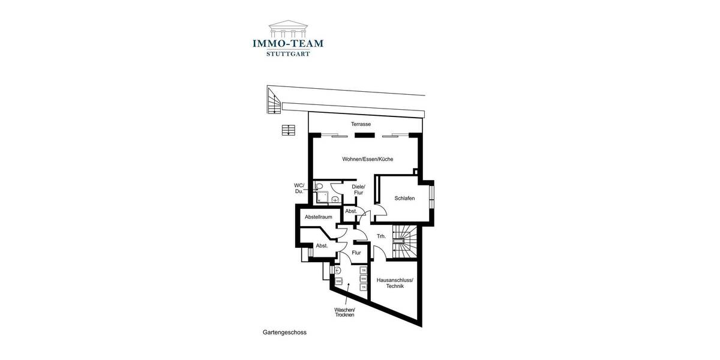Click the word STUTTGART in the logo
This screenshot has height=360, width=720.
(288, 53)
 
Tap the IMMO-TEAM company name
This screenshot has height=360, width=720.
(288, 43)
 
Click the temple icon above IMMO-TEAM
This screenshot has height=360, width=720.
(288, 28)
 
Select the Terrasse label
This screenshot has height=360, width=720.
(361, 124)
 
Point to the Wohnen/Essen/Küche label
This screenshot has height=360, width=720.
(359, 159)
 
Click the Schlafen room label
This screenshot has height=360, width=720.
(405, 198)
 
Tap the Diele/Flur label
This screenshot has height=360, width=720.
(358, 190)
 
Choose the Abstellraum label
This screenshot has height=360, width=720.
(318, 217)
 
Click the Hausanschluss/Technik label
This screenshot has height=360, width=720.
(395, 283)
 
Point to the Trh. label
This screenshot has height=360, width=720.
(381, 236)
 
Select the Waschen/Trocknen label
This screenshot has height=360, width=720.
(344, 312)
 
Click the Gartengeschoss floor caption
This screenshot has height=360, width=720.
(284, 332)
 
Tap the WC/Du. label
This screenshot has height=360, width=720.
(299, 188)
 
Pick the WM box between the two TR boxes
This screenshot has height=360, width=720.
(363, 279)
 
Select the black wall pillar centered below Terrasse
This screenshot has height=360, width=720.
(361, 135)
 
